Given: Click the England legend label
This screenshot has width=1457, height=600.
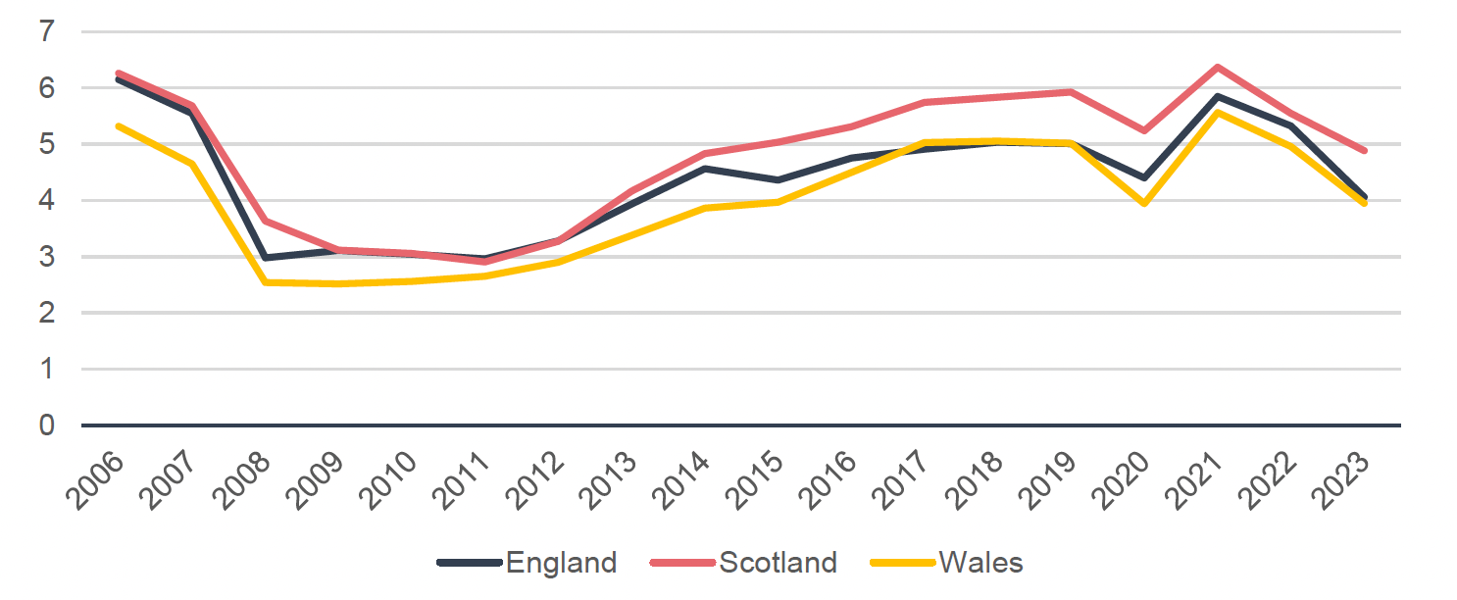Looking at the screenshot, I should coord(561,563).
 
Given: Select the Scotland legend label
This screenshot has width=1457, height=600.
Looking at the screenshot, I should coord(778,563).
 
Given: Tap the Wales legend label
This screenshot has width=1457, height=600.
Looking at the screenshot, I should coord(980,563).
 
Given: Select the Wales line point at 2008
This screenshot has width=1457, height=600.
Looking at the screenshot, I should coord(265,282).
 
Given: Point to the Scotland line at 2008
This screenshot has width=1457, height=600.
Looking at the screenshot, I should coord(265,222).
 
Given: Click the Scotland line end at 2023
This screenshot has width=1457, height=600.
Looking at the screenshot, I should coord(1364,151).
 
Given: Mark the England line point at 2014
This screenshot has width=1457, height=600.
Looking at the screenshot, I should coord(705,169).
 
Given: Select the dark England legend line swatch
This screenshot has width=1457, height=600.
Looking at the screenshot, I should coord(469,563).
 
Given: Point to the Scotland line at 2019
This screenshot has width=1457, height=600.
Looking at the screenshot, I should coord(1071,92).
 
